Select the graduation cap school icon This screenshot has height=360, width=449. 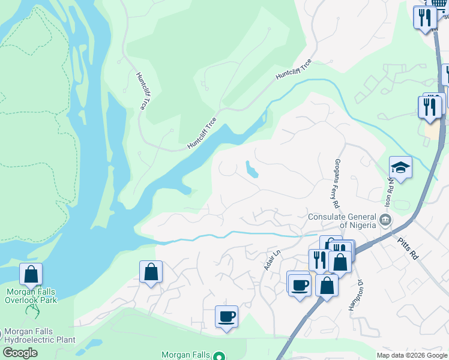(400, 167)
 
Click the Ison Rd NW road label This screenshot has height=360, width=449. (388, 189)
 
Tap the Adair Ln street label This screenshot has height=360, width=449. (273, 260)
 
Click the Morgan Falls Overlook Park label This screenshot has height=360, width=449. (31, 296)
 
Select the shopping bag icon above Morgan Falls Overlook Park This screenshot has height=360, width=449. (31, 274)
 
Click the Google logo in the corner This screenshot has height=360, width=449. (20, 353)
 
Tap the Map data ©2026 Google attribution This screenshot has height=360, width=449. (412, 355)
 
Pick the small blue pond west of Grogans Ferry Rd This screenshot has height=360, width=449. (252, 170)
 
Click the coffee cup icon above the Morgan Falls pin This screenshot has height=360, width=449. (226, 317)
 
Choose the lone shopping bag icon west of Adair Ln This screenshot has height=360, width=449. (151, 272)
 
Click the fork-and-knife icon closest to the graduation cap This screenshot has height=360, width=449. (429, 106)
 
